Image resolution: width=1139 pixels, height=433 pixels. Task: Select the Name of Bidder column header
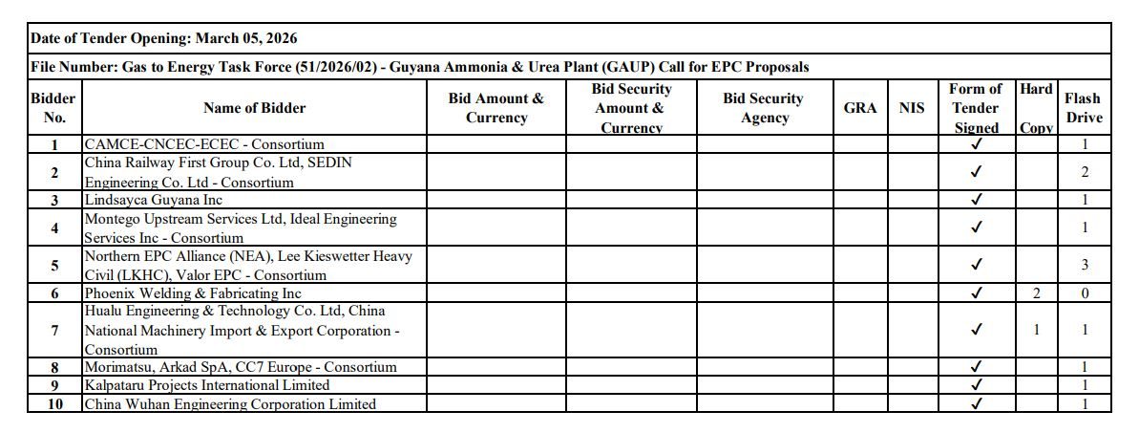coord(255,108)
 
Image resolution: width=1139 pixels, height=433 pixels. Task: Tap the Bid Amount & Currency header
coord(496,108)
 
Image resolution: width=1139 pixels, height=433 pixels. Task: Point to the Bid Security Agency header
coord(764,108)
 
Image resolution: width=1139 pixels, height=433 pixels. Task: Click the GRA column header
coord(860,108)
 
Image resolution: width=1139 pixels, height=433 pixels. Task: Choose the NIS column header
coord(912,108)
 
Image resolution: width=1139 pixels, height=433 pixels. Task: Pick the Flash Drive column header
coord(1084,108)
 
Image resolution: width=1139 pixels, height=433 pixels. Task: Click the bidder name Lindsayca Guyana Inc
coord(154,200)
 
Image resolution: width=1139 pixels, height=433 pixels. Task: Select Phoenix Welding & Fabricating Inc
coord(193,293)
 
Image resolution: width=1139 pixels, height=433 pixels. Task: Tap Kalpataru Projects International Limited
coord(207,385)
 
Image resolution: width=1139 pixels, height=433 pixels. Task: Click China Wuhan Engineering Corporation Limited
coord(230,404)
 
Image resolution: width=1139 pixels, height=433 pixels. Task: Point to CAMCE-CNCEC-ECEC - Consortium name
coord(204,144)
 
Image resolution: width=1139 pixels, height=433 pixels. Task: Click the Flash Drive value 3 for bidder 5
coord(1085,265)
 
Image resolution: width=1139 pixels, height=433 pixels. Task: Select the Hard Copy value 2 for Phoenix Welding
coord(1036,293)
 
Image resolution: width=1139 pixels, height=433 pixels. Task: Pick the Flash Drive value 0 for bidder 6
coord(1085,293)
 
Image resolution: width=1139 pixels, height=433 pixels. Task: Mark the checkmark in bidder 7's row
coord(976,330)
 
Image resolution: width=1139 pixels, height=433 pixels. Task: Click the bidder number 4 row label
coord(54,228)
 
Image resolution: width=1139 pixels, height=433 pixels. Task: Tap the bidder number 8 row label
coord(54,367)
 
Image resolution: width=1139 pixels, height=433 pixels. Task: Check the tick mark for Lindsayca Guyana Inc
coord(976,200)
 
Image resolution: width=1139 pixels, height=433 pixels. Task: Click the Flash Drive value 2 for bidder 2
coord(1085,173)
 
